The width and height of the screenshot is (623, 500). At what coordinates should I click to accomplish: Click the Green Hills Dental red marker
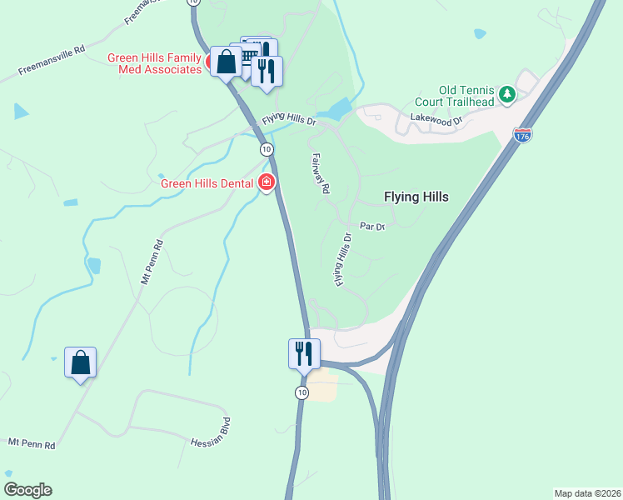pyautogui.click(x=267, y=182)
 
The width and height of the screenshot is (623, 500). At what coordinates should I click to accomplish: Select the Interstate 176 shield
pyautogui.click(x=522, y=134)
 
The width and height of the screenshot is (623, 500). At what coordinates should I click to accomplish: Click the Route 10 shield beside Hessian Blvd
pyautogui.click(x=302, y=392)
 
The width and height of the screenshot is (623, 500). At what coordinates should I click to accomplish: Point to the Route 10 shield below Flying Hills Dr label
pyautogui.click(x=266, y=149)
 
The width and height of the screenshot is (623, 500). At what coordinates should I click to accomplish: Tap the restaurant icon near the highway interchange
pyautogui.click(x=302, y=353)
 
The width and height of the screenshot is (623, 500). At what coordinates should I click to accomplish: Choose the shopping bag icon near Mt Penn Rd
pyautogui.click(x=80, y=362)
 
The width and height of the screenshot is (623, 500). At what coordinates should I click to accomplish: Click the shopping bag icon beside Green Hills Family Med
pyautogui.click(x=226, y=61)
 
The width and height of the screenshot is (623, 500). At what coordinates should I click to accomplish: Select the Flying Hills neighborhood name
pyautogui.click(x=416, y=197)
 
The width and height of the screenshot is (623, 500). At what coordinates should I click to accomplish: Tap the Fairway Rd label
pyautogui.click(x=320, y=173)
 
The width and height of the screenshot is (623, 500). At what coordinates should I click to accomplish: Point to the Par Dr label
pyautogui.click(x=371, y=226)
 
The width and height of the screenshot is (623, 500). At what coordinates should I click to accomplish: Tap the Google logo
pyautogui.click(x=27, y=490)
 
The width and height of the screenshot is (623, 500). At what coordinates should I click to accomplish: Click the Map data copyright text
pyautogui.click(x=587, y=493)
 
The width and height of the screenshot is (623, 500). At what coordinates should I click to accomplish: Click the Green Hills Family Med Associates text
pyautogui.click(x=155, y=63)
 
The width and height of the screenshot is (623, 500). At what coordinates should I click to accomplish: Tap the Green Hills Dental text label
pyautogui.click(x=207, y=183)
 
